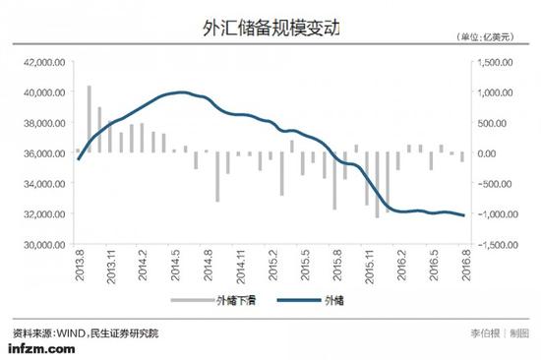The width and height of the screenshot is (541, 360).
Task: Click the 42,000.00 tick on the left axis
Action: [x=44, y=61]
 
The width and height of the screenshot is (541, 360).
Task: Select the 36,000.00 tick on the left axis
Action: [x=44, y=152]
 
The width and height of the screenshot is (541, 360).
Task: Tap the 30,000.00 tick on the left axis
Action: [x=44, y=244]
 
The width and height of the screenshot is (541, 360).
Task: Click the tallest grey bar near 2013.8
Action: [x=89, y=118]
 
